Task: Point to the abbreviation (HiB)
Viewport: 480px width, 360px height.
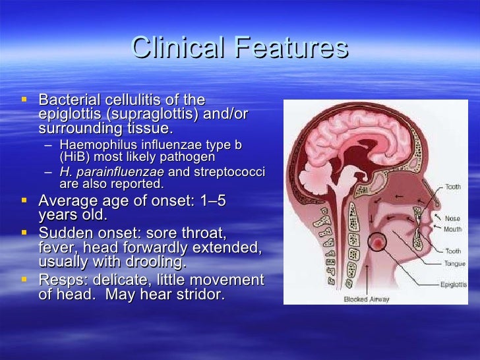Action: pyautogui.click(x=75, y=158)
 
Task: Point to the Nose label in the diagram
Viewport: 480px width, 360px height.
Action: pyautogui.click(x=452, y=218)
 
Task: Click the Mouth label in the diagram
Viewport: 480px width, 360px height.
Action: pyautogui.click(x=452, y=229)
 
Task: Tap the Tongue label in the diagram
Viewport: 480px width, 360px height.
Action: pyautogui.click(x=454, y=262)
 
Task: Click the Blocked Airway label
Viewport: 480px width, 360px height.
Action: pyautogui.click(x=367, y=299)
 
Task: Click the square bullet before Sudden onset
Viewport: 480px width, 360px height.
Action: pyautogui.click(x=24, y=232)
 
